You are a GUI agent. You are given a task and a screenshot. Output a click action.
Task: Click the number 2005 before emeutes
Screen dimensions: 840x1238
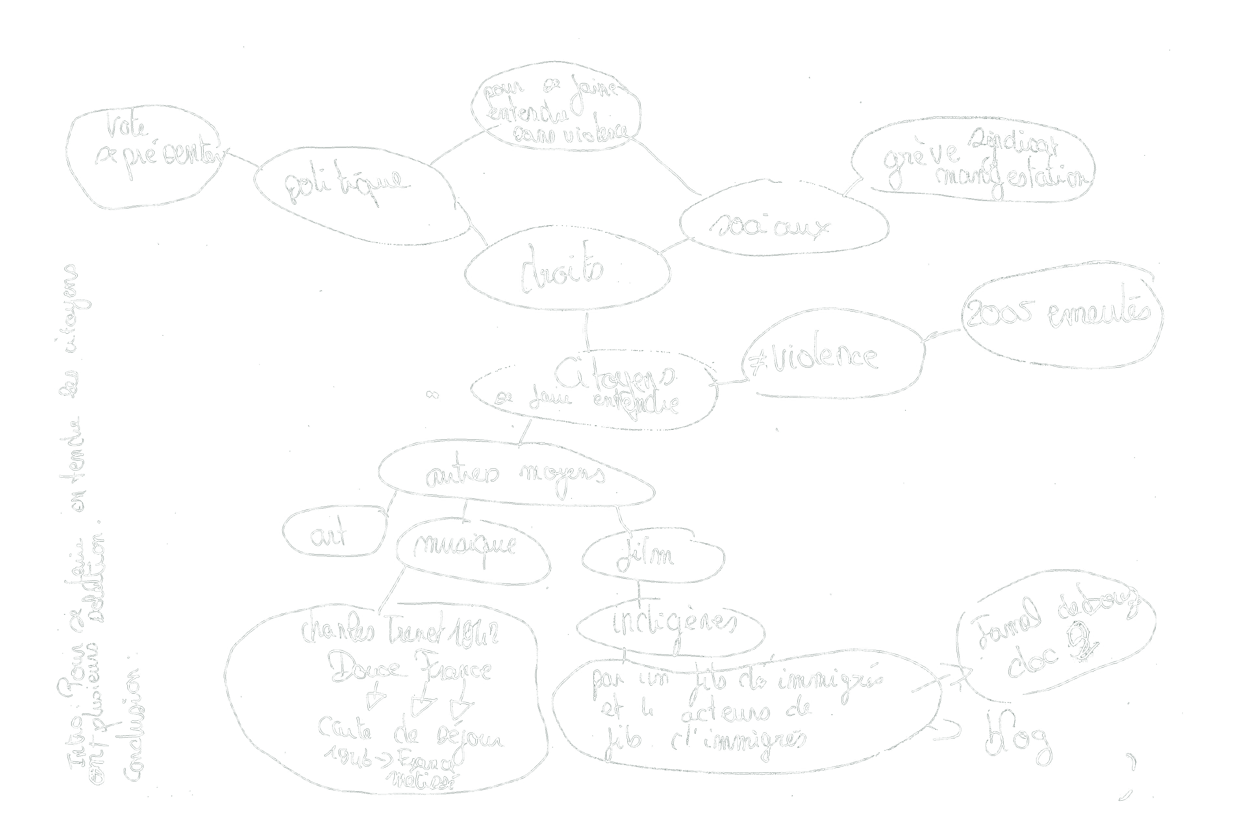point(998,314)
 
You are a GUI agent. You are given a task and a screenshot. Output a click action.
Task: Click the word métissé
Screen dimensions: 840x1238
point(423,781)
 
